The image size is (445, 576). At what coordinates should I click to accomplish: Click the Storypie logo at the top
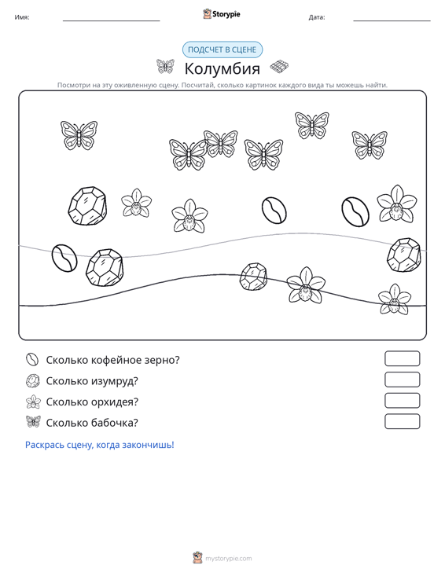tap(222, 14)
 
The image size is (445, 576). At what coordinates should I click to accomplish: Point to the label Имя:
tap(22, 17)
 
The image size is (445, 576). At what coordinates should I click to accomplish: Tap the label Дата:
tap(317, 17)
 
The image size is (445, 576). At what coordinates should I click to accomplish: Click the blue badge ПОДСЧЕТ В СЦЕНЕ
tap(222, 50)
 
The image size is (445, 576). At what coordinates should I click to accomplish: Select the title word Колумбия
tap(222, 68)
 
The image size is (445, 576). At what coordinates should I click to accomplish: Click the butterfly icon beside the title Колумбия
tap(165, 67)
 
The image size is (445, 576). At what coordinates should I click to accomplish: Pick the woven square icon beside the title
tap(279, 67)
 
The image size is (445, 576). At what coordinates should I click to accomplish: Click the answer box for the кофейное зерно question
tap(402, 358)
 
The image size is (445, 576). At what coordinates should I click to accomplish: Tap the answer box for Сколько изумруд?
tap(402, 380)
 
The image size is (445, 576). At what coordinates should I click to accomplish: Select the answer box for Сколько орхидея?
tap(402, 401)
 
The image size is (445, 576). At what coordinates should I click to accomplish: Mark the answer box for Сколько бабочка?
tap(402, 421)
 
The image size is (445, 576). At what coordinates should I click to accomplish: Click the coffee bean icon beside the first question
tap(32, 359)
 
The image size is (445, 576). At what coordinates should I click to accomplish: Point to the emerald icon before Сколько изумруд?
tap(33, 380)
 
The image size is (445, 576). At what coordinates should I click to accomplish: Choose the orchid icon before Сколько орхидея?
tap(33, 402)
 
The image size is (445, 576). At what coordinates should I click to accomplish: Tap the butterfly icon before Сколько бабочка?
tap(33, 422)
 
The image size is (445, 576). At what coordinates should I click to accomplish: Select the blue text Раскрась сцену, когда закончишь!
tap(100, 445)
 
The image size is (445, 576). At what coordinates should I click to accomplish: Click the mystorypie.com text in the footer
tap(229, 559)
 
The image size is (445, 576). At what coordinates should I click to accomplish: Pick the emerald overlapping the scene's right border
tap(403, 255)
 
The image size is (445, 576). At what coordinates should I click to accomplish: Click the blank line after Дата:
tap(392, 20)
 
